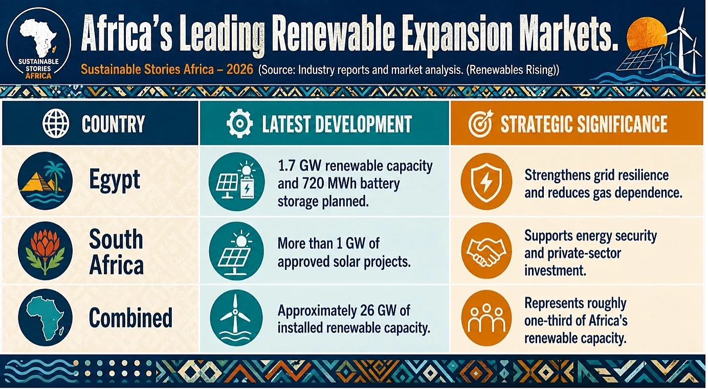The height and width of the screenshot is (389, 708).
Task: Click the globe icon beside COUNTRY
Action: click(56, 123)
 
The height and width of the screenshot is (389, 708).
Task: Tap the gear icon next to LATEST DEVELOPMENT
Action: click(239, 123)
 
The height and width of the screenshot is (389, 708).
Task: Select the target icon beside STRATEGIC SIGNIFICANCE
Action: click(480, 123)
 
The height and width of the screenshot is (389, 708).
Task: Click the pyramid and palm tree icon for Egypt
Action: click(45, 181)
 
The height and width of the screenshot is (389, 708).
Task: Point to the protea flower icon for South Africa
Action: click(45, 251)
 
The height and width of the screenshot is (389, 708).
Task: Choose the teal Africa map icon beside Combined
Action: click(45, 317)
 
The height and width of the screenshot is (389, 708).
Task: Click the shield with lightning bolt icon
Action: click(486, 182)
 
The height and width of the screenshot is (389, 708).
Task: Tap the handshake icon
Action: click(486, 251)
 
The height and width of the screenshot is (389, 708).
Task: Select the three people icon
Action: click(486, 318)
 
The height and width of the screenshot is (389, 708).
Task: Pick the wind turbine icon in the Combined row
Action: click(236, 318)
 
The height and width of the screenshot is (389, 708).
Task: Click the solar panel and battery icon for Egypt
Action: click(236, 182)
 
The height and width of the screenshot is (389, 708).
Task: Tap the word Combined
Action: click(130, 317)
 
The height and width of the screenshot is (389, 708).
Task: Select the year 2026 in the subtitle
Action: click(239, 69)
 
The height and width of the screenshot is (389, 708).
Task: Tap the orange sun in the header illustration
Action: click(645, 33)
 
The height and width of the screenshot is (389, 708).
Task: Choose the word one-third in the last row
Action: click(548, 321)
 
